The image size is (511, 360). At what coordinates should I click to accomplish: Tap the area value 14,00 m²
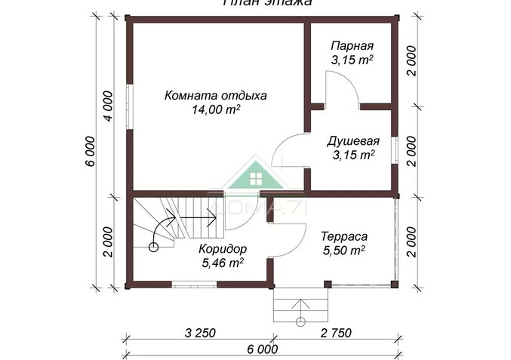click(216, 109)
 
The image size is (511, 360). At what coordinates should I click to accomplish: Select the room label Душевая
click(352, 141)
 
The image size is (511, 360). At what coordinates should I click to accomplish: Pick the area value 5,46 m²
click(222, 263)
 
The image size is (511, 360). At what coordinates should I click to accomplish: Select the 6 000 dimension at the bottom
click(261, 349)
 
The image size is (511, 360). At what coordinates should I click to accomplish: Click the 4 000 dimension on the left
click(108, 106)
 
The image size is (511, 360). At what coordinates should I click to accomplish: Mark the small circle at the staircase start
click(154, 245)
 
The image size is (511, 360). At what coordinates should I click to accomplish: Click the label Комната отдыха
click(216, 95)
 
